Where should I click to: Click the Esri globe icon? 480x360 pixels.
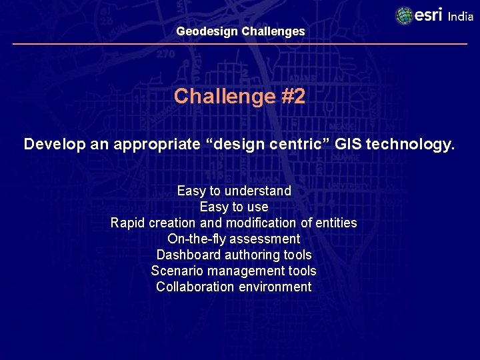404,15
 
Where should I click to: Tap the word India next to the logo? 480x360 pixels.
460,17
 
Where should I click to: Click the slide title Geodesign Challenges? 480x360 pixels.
241,31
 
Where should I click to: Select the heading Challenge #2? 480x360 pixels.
240,97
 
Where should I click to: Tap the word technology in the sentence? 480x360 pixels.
410,145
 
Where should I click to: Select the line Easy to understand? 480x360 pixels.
234,191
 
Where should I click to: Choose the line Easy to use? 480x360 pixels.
234,207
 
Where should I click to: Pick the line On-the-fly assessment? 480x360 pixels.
234,239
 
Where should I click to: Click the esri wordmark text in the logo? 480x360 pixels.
429,15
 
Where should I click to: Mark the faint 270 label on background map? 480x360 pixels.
165,55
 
